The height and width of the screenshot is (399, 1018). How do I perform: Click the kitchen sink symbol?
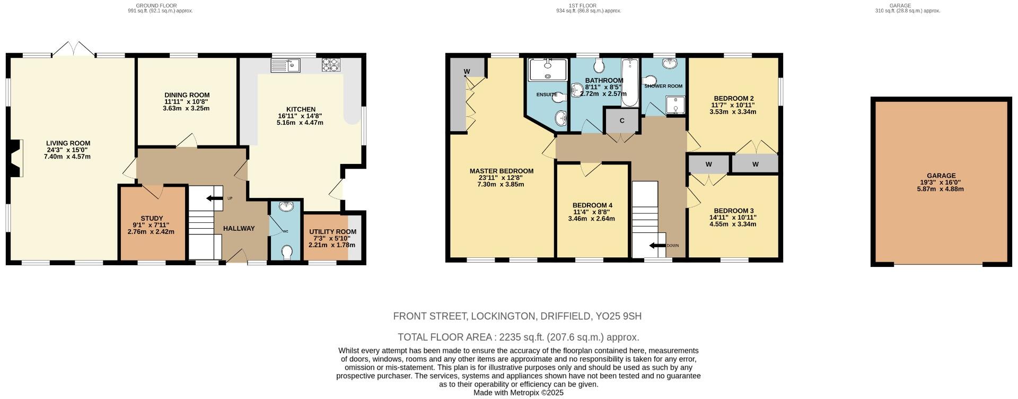click(x=285, y=65)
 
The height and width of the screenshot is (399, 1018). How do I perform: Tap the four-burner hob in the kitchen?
click(x=331, y=65)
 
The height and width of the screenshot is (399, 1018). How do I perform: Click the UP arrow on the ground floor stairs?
click(x=215, y=198)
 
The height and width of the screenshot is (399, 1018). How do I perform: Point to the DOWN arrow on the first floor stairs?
click(x=658, y=245)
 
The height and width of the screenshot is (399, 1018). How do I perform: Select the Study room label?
click(x=152, y=219)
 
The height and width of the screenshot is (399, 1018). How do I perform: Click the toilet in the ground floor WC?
click(x=287, y=253)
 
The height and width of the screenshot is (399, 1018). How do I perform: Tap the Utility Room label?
click(x=332, y=232)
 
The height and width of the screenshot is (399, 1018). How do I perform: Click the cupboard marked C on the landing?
click(x=622, y=121)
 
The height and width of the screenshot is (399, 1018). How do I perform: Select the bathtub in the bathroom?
click(x=631, y=83)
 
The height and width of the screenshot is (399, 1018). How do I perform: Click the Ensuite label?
click(x=546, y=94)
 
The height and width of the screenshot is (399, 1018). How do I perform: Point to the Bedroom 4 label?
click(x=592, y=206)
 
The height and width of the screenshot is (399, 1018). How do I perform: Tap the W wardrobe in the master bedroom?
click(x=467, y=72)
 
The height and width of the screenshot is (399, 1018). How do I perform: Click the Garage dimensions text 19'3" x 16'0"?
click(x=941, y=182)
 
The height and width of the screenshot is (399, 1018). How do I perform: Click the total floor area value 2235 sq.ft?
click(x=515, y=337)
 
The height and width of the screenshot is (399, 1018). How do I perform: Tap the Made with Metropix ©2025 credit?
click(x=518, y=393)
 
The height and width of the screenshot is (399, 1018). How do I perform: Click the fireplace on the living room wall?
click(x=17, y=158)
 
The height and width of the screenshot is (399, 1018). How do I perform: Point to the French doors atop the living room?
click(x=73, y=49)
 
